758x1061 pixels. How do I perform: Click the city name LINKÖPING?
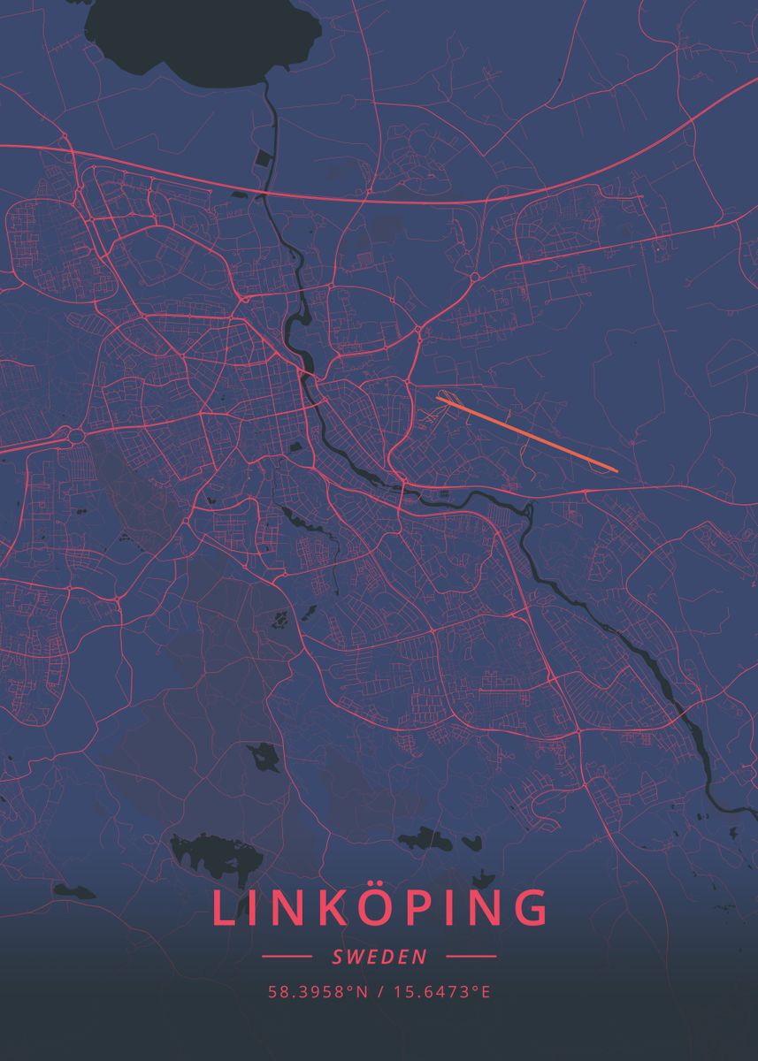point(379,909)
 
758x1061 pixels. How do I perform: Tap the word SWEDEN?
point(379,957)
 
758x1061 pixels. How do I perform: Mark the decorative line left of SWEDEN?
point(287,957)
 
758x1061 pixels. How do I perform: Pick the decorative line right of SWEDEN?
point(471,957)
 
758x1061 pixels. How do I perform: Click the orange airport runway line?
point(526,433)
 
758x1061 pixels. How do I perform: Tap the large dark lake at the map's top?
point(203,40)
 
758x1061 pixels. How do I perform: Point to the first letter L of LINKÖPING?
point(223,909)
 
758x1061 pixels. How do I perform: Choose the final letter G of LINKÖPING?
point(529,909)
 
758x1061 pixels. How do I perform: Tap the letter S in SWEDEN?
point(338,957)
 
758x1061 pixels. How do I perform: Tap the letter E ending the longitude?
point(485,991)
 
